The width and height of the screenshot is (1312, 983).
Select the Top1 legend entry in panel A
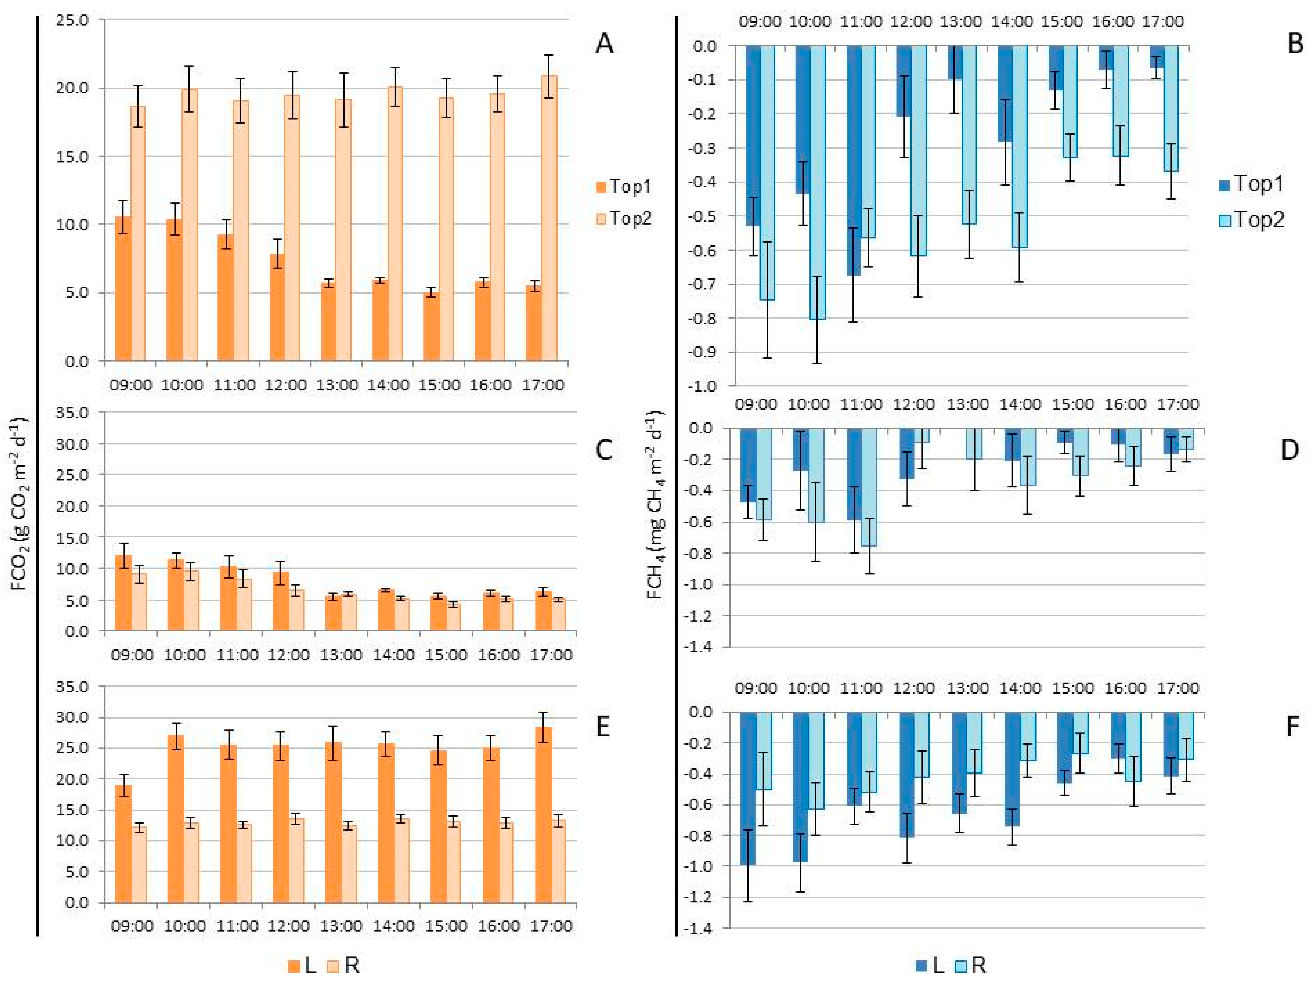pyautogui.click(x=624, y=187)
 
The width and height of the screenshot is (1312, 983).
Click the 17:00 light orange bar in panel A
pyautogui.click(x=549, y=218)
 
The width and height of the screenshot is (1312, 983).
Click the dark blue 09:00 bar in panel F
pyautogui.click(x=748, y=789)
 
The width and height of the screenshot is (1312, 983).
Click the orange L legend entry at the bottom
pyautogui.click(x=303, y=965)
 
